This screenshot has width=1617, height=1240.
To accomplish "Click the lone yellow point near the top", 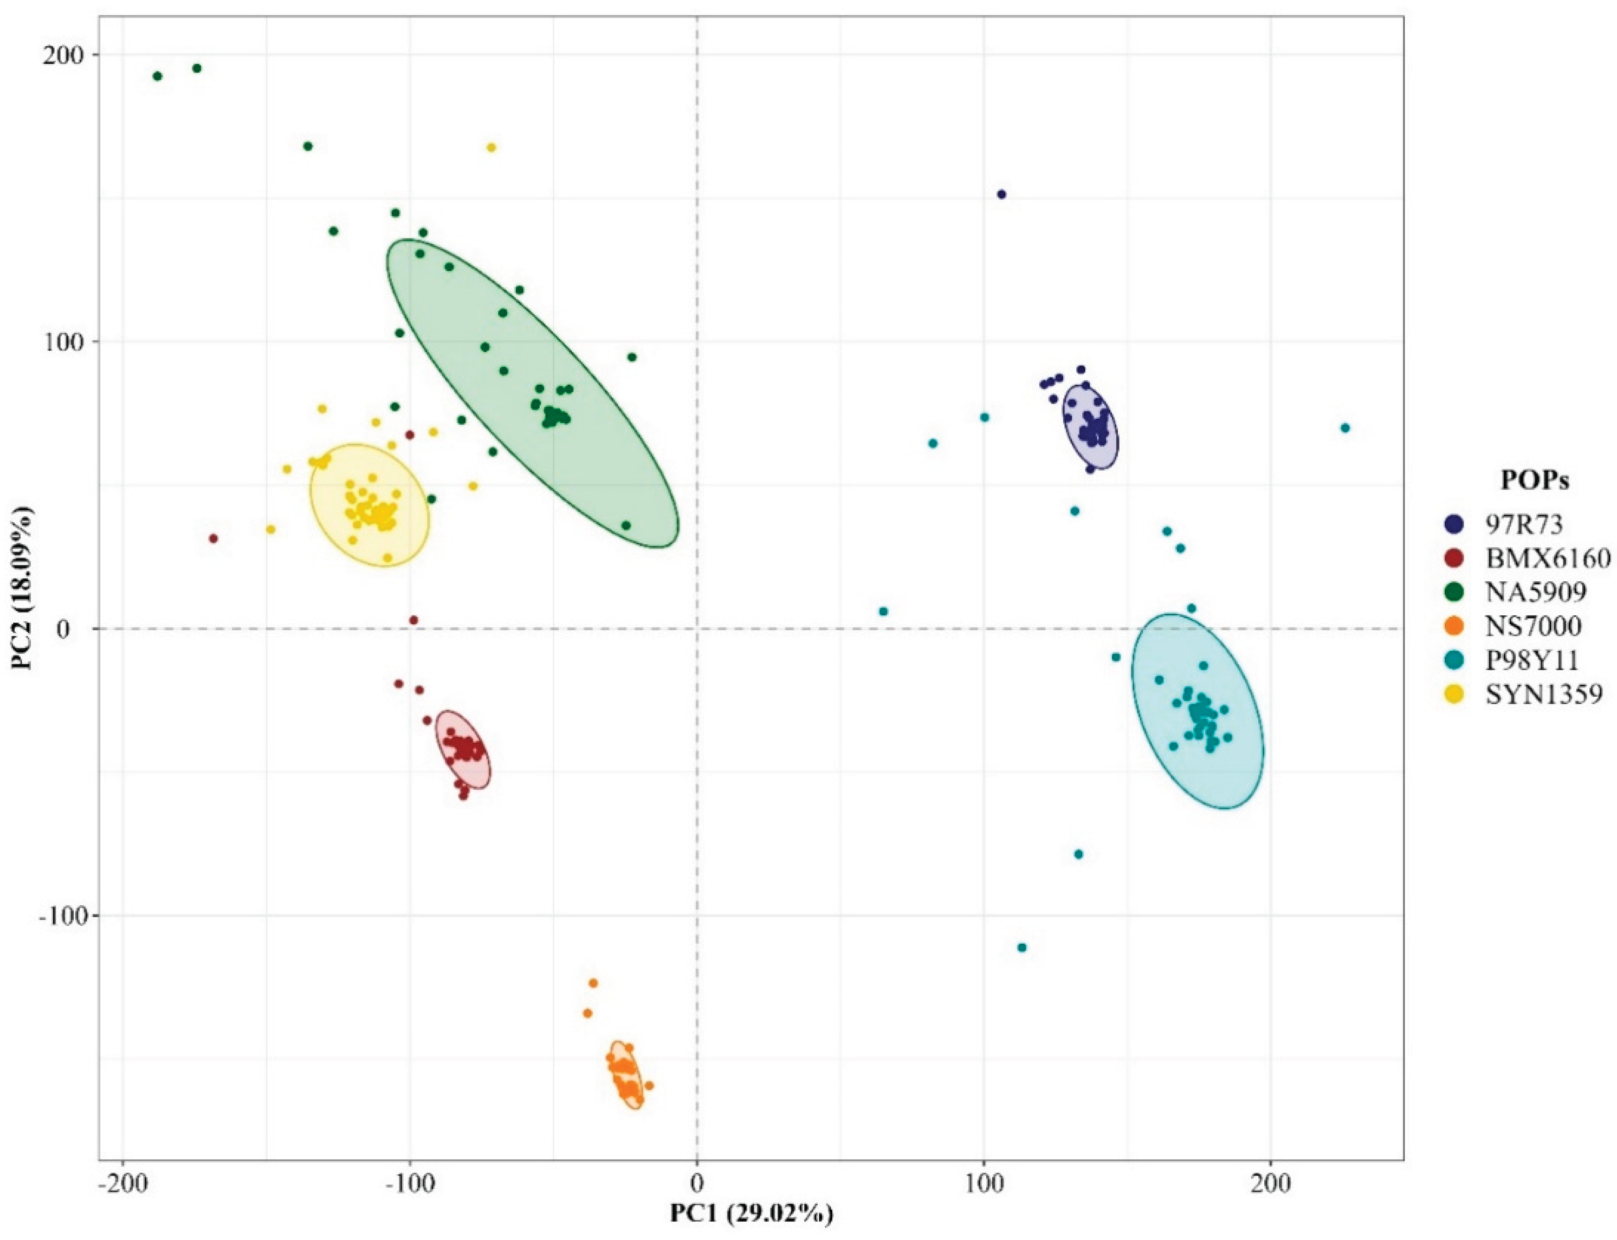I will pos(491,147).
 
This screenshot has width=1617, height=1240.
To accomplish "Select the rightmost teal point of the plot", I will pos(1346,428).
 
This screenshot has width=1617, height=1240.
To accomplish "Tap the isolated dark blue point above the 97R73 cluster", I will pos(1001,194).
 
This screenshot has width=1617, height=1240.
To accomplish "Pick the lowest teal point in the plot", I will pos(1022,947).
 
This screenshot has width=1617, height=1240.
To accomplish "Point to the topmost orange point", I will pos(592,983).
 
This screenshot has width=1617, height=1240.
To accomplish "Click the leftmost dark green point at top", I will pos(157,76).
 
